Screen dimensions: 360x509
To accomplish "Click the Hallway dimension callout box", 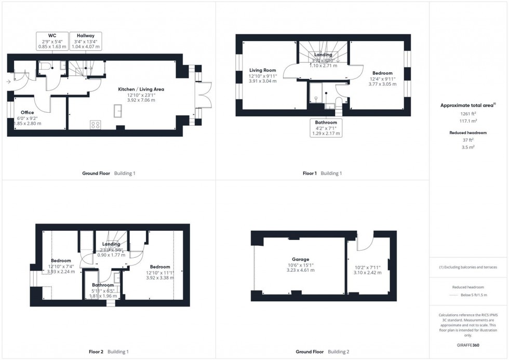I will click(x=85, y=41).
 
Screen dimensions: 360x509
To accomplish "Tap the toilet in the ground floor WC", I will click(x=45, y=67).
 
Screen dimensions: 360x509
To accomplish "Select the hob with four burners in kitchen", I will click(x=96, y=124).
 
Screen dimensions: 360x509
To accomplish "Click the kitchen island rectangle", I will click(x=118, y=111).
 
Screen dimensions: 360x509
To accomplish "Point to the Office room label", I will click(x=28, y=112).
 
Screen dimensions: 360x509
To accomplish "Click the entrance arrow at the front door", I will click(x=9, y=82).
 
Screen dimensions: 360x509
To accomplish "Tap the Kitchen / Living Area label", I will click(x=141, y=89).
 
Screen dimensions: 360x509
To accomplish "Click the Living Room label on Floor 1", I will click(x=262, y=70).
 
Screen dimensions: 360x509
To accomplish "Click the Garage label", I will click(x=300, y=259).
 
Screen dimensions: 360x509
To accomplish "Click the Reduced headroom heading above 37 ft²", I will click(x=468, y=132).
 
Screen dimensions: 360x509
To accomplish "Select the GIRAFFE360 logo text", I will click(x=468, y=345).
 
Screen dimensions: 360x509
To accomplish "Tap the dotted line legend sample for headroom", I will click(x=452, y=295).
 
